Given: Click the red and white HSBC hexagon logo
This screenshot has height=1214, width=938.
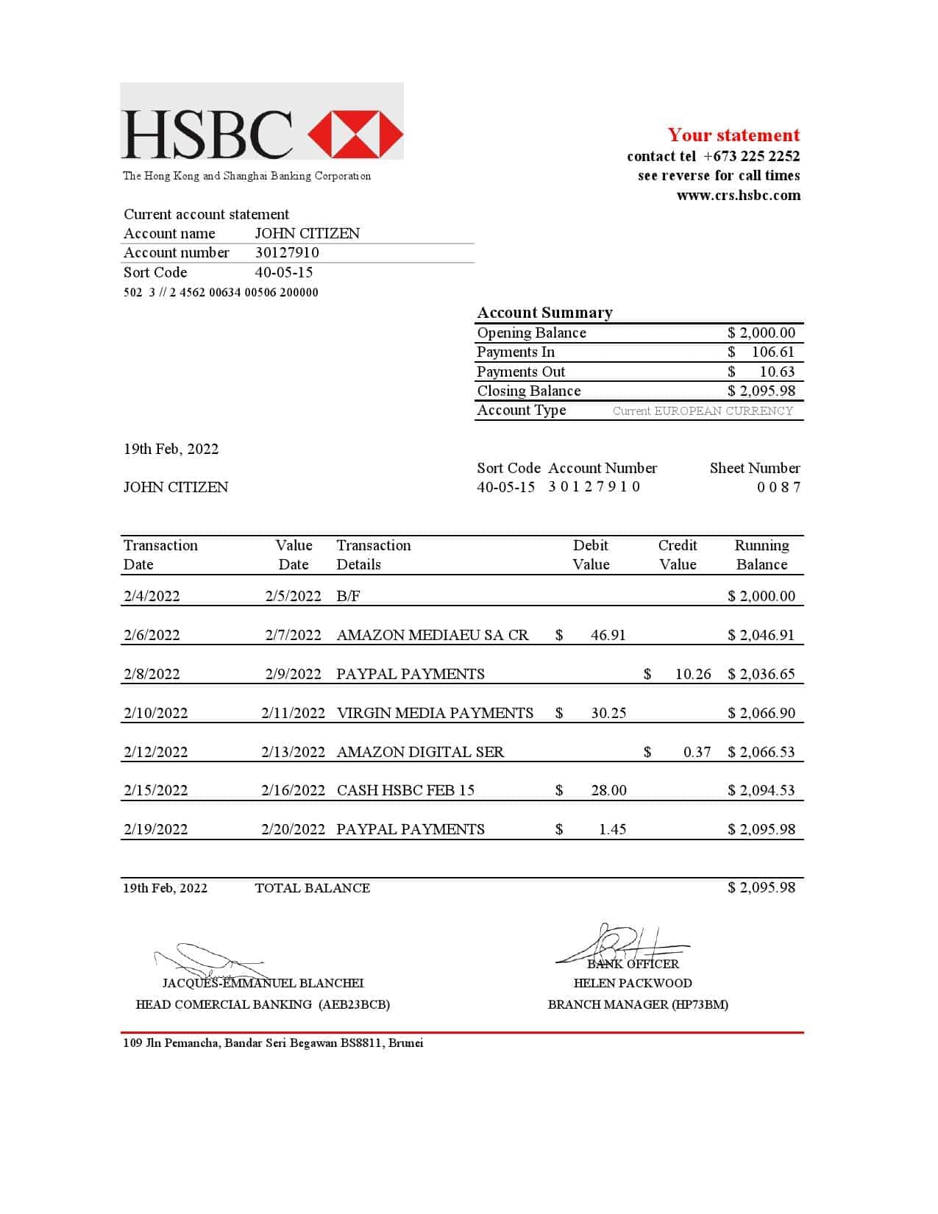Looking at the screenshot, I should [x=355, y=135].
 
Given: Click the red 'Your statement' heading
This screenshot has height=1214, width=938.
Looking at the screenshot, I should [x=733, y=135].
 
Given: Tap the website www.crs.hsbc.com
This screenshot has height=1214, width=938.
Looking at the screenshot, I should [x=738, y=195].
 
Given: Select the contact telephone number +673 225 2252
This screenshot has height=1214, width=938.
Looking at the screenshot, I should [x=751, y=156].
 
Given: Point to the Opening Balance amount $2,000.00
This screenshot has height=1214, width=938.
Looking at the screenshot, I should [x=761, y=333].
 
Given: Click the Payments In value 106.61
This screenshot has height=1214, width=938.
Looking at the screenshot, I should [x=772, y=352].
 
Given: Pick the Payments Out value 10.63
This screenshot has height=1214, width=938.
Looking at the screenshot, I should [x=777, y=372].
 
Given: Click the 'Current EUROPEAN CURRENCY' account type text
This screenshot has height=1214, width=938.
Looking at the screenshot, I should [x=703, y=411].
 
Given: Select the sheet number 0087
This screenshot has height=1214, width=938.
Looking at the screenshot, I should [x=778, y=487].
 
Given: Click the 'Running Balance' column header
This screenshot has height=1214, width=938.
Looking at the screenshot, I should [x=761, y=555].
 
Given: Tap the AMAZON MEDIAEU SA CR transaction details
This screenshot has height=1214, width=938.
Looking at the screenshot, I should [x=432, y=635].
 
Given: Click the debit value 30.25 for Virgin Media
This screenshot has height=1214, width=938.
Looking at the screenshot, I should [x=608, y=713].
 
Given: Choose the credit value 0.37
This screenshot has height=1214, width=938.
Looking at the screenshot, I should [x=697, y=752].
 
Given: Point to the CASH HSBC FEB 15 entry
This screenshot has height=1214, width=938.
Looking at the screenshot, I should [x=405, y=790].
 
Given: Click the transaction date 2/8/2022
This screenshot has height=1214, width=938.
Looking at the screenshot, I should [x=152, y=674].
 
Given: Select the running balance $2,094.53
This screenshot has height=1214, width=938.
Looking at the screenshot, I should [x=761, y=790].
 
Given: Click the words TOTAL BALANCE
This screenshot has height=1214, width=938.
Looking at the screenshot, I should [x=312, y=888].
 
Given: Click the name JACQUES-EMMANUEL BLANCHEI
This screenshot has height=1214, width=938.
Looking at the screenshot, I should [x=263, y=983].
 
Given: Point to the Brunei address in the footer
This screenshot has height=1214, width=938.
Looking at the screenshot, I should [x=273, y=1043].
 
